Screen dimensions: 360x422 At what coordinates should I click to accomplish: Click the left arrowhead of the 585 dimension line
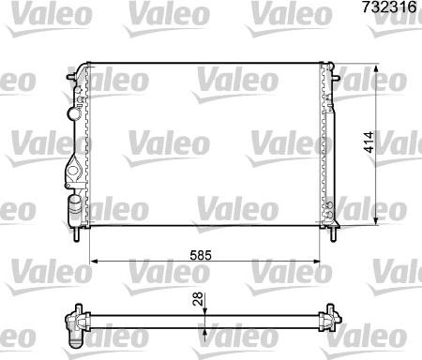(x=91, y=262)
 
